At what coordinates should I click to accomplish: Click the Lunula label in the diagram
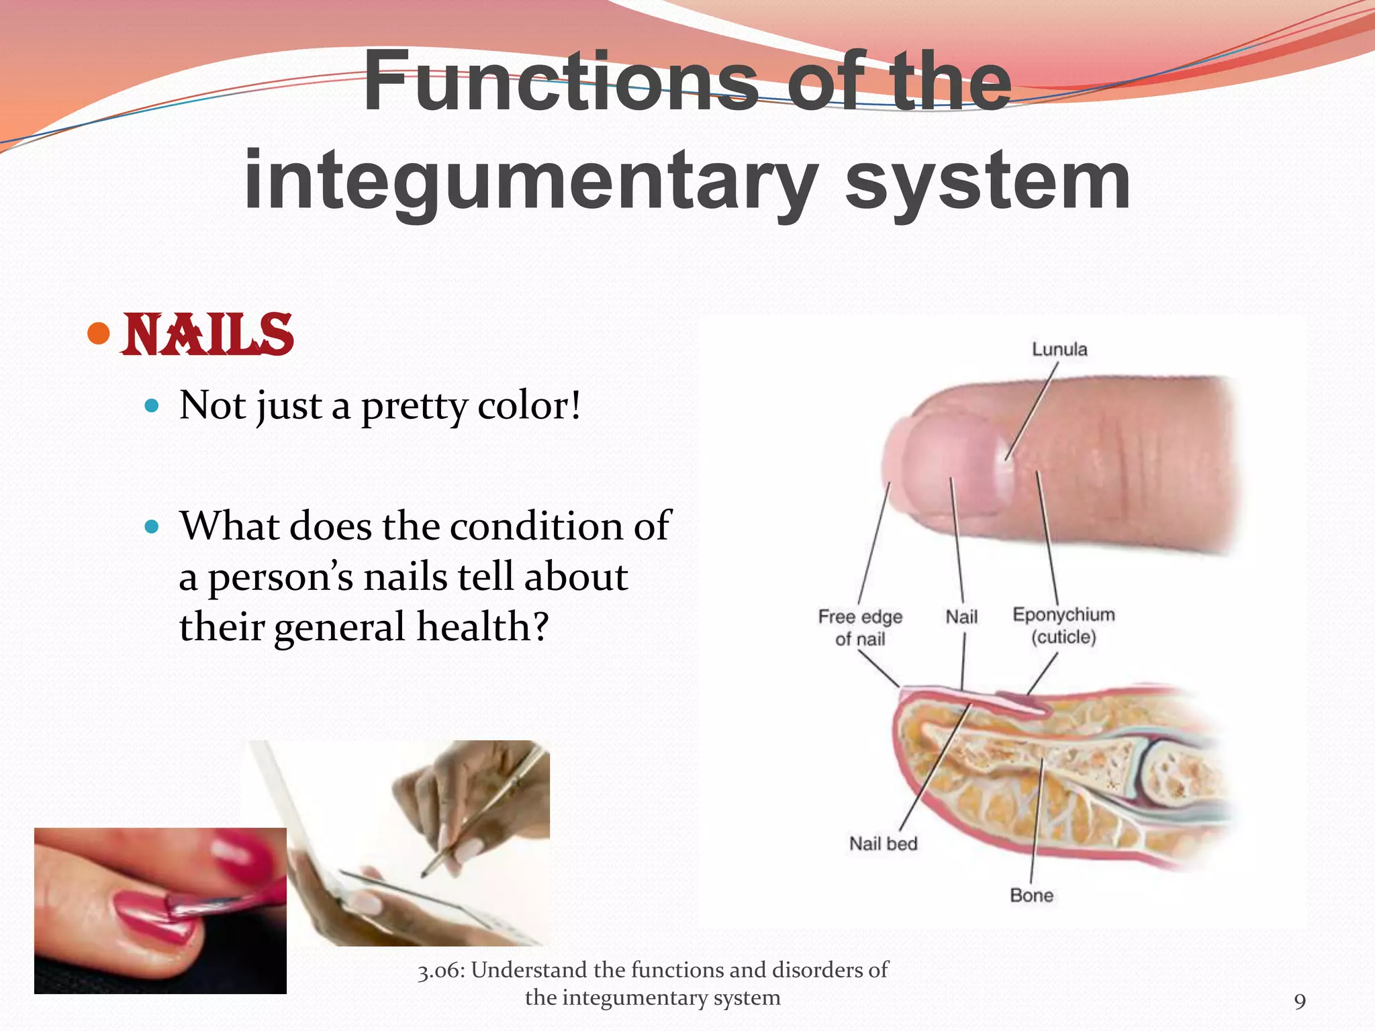1059,349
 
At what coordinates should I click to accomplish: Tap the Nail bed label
883,844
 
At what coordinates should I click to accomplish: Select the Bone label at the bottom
1031,895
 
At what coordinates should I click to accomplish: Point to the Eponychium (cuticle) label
1063,626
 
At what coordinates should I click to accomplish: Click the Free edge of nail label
860,628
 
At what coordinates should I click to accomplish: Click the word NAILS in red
208,335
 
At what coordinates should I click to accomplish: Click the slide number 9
1300,1001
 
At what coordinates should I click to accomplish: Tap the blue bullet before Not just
152,405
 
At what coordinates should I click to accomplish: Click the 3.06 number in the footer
440,971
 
